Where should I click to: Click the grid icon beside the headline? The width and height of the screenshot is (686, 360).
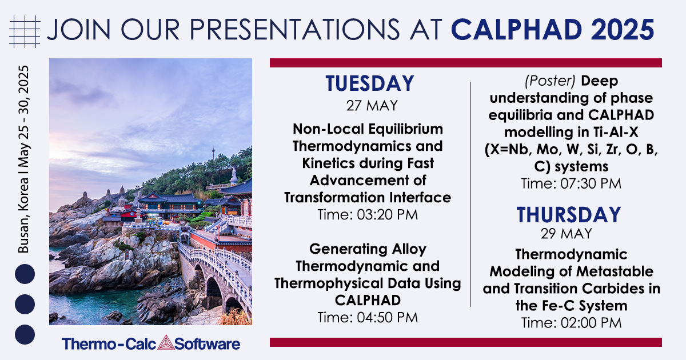point(26,28)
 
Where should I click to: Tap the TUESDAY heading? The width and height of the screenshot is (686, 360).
point(370,84)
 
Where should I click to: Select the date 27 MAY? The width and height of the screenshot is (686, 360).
point(370,106)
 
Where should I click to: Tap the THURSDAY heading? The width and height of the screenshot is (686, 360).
point(569,215)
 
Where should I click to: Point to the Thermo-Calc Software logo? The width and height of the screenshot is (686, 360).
point(151,343)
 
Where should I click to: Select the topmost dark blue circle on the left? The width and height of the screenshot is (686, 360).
point(25,274)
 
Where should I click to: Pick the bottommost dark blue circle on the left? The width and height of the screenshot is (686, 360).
point(25,334)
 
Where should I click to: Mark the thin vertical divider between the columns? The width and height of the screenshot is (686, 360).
point(470,194)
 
